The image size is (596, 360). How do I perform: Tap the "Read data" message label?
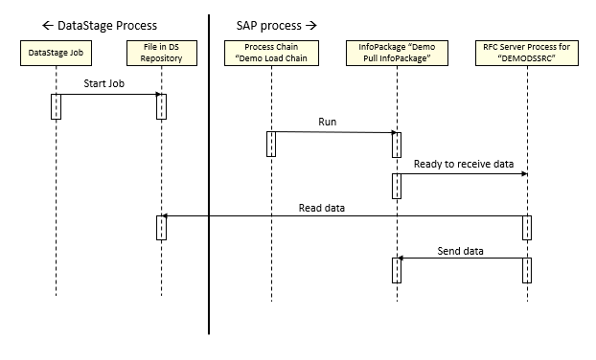tap(321, 206)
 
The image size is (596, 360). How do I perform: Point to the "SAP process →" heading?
tap(276, 23)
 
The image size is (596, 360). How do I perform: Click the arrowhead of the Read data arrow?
tap(164, 216)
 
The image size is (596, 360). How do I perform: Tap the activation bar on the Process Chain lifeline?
tap(271, 144)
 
